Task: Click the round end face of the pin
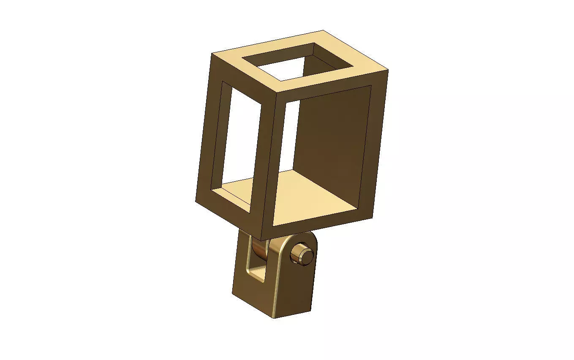[306, 254]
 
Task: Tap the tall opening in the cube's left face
[239, 139]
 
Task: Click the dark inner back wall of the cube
[332, 131]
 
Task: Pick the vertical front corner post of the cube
[269, 161]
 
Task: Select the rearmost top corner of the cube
[323, 30]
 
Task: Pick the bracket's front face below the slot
[251, 298]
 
